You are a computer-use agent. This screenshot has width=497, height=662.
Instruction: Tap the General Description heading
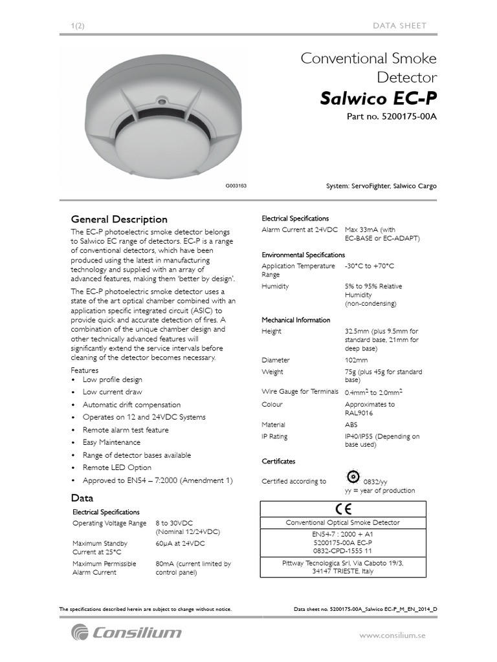(119, 219)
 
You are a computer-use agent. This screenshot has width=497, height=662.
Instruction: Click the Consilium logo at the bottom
(127, 632)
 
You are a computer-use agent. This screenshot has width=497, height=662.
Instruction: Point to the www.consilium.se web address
(393, 635)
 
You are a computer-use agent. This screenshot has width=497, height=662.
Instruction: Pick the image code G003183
(236, 186)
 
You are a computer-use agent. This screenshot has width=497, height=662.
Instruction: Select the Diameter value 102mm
(357, 360)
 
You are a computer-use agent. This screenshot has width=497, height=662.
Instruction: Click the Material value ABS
(351, 425)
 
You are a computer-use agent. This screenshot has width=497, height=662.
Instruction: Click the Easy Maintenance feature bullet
(111, 442)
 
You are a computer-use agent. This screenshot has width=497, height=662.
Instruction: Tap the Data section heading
(82, 498)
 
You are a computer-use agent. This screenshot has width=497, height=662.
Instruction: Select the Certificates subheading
(278, 462)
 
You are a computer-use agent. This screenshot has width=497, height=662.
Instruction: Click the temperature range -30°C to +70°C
(370, 266)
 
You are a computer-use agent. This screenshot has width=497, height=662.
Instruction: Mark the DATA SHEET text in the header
(400, 25)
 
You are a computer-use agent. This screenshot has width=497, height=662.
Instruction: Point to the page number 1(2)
(78, 25)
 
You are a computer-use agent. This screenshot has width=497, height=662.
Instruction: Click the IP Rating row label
(275, 436)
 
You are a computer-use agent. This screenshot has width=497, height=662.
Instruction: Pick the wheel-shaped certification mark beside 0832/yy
(353, 477)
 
